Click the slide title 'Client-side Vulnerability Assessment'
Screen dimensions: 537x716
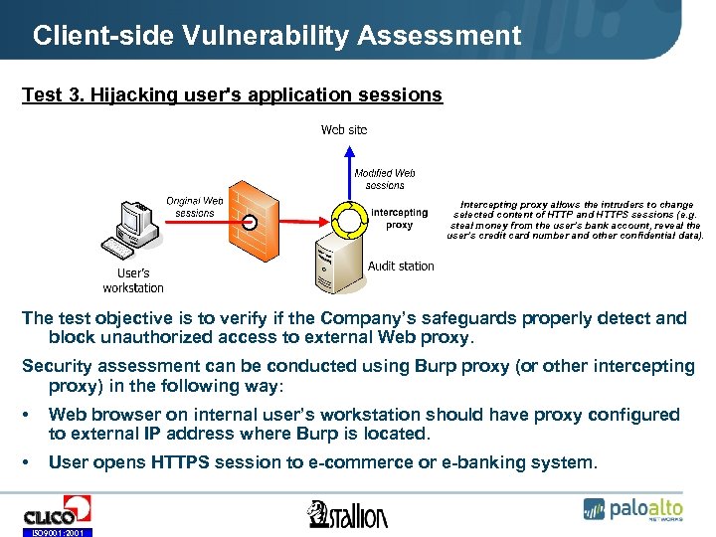[x=276, y=37]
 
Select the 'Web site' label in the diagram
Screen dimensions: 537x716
[x=344, y=130]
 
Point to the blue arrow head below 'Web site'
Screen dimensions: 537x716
[x=348, y=150]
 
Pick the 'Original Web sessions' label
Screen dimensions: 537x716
[x=195, y=207]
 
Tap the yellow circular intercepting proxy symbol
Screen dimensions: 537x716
[x=348, y=221]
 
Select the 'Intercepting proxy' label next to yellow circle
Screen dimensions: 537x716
[x=399, y=218]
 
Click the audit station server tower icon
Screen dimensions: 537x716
[x=334, y=262]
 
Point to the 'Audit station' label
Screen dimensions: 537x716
[x=401, y=266]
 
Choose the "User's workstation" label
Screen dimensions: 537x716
[x=133, y=280]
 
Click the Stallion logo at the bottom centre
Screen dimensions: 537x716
[x=347, y=514]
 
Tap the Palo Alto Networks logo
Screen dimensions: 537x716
[x=634, y=509]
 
